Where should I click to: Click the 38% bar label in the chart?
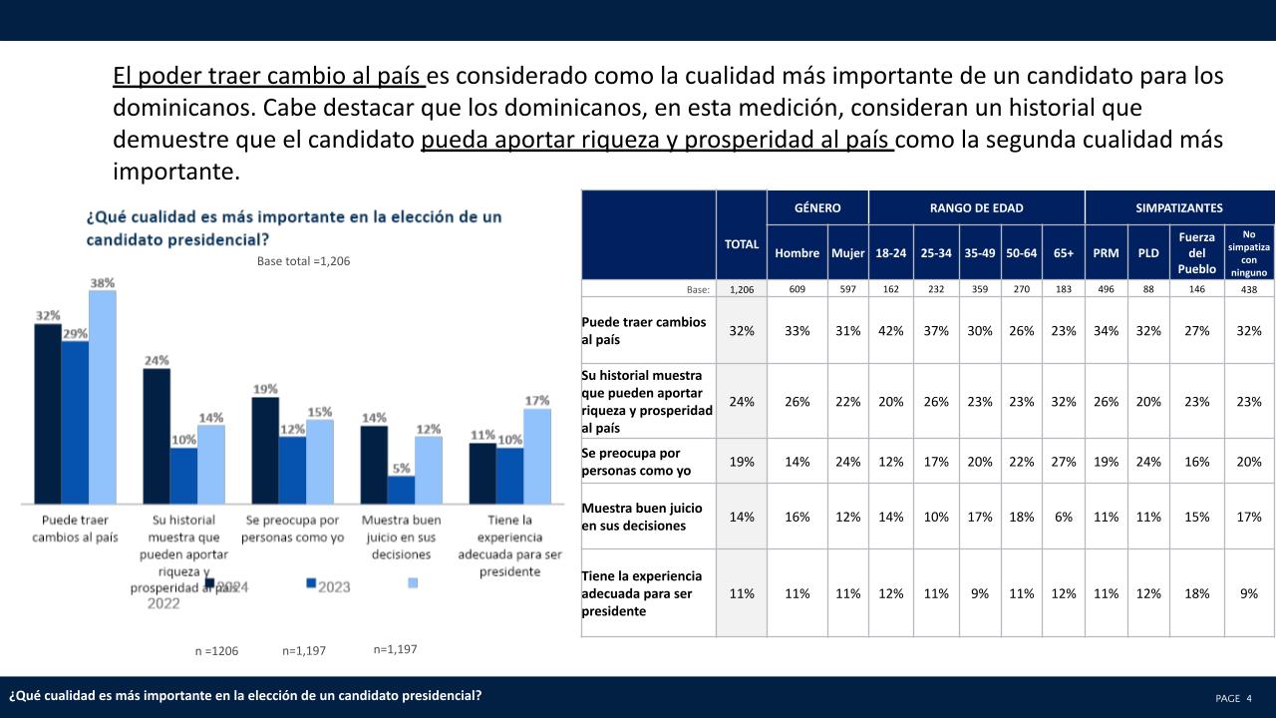click(103, 282)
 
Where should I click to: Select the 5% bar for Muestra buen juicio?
click(401, 490)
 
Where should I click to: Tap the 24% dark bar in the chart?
click(157, 436)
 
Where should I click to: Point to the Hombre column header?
click(797, 253)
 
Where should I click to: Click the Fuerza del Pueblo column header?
click(1195, 253)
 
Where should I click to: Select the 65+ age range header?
click(1064, 253)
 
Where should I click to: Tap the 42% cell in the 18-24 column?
click(890, 331)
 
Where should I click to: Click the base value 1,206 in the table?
click(741, 289)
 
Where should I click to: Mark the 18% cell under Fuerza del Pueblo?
click(1195, 593)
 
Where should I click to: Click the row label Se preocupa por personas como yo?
click(630, 462)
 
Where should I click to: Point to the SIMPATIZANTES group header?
click(1179, 207)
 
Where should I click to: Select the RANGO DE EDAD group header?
click(976, 207)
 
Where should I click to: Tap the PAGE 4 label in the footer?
click(1234, 698)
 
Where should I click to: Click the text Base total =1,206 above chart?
click(298, 261)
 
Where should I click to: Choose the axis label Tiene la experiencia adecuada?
click(510, 545)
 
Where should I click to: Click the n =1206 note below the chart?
click(216, 651)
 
